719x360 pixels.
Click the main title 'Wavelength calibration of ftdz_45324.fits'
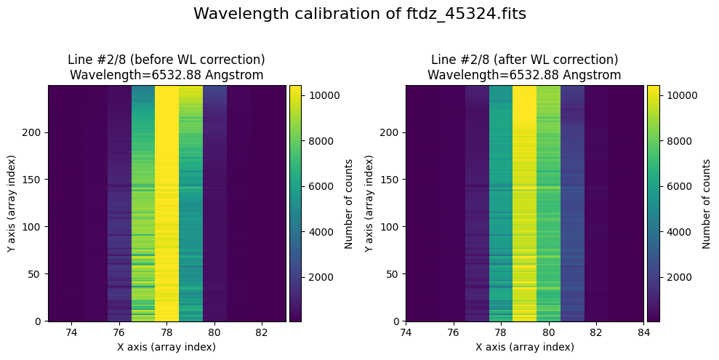point(359,14)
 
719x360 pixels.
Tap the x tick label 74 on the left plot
point(71,332)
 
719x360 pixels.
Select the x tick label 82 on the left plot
point(262,332)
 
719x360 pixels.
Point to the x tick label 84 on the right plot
point(643,332)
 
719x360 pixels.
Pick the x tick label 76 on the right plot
point(453,332)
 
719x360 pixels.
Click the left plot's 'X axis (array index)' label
point(166,347)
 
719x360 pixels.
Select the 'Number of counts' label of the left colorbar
point(349,204)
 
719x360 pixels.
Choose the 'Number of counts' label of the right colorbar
point(706,204)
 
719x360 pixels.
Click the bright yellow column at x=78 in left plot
point(166,204)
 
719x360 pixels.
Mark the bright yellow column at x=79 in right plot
point(524,204)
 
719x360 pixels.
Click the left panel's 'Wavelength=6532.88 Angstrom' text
point(166,75)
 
